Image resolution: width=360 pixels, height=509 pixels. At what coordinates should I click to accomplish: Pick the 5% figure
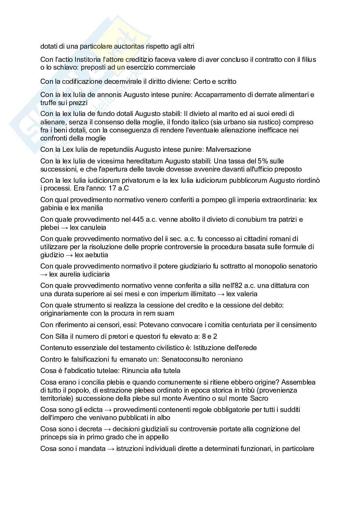coord(258,161)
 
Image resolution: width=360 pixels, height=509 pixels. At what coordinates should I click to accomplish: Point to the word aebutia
coord(97,255)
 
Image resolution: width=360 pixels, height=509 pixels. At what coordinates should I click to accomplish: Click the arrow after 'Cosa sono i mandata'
coord(110,449)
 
